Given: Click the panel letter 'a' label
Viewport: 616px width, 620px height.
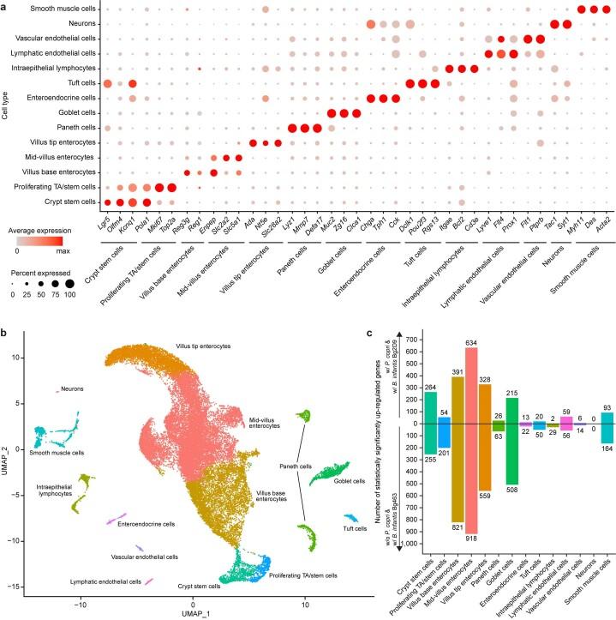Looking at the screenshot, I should tap(5, 5).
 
